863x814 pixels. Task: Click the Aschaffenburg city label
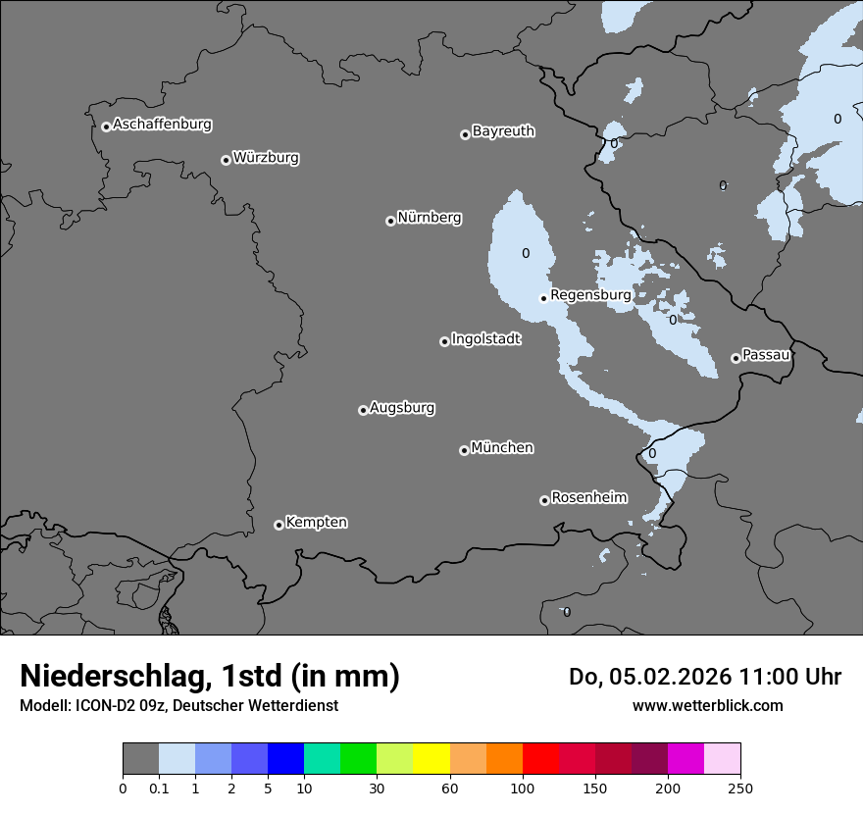click(x=162, y=125)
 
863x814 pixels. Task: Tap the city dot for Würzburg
click(x=226, y=160)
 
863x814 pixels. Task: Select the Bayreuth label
click(x=503, y=130)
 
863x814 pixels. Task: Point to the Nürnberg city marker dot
click(x=390, y=221)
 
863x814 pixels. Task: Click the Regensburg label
click(x=590, y=294)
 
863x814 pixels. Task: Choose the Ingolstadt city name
click(x=485, y=339)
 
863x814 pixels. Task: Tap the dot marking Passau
click(x=736, y=358)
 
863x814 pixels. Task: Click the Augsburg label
click(x=402, y=407)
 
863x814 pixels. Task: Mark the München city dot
click(x=464, y=450)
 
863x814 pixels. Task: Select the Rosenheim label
click(x=588, y=497)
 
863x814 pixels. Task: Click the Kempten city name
click(x=316, y=522)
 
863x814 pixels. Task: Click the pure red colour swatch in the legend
click(x=540, y=759)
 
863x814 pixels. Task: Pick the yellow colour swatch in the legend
click(x=431, y=759)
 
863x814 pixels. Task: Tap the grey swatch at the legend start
click(x=140, y=759)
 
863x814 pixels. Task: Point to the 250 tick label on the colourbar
click(x=740, y=788)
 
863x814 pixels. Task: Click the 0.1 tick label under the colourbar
click(x=159, y=788)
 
